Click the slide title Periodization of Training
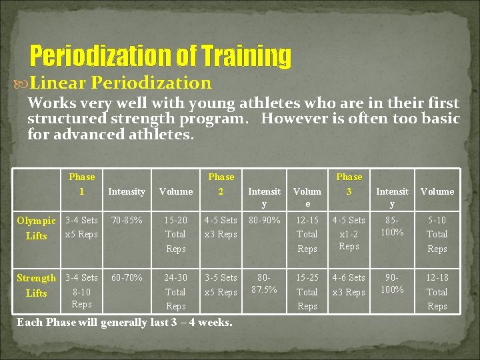click(161, 57)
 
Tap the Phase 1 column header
click(82, 184)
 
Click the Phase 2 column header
click(221, 184)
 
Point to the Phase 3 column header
click(349, 184)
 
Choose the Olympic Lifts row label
click(37, 228)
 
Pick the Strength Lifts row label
click(37, 285)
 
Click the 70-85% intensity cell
click(127, 220)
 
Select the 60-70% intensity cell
click(127, 277)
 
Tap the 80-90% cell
click(264, 220)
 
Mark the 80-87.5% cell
click(264, 283)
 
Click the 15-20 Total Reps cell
click(176, 234)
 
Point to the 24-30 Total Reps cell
click(176, 291)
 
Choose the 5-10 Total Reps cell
click(437, 234)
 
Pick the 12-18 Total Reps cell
click(437, 291)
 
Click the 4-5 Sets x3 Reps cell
click(221, 227)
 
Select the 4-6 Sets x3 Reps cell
click(349, 285)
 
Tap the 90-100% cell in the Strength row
click(392, 283)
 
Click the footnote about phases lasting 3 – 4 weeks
click(125, 323)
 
